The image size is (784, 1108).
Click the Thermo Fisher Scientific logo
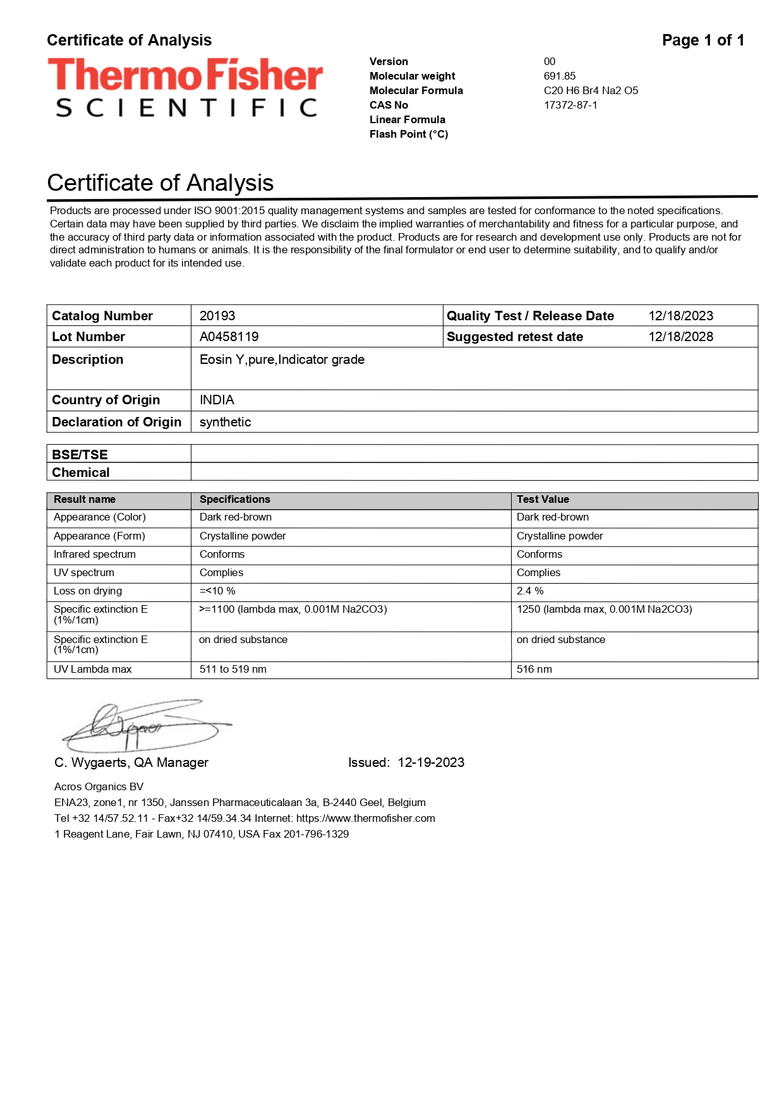point(185,87)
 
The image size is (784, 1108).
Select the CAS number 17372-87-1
point(570,105)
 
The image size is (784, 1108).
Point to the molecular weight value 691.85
point(560,76)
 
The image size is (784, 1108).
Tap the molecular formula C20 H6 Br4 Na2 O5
point(591,90)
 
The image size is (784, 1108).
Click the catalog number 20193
point(217,316)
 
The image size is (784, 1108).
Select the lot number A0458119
point(229,337)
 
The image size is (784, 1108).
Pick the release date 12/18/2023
point(680,316)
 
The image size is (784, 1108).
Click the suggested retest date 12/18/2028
point(680,337)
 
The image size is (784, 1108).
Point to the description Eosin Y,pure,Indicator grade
point(282,359)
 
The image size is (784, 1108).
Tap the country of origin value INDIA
point(217,400)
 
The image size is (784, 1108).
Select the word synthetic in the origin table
point(225,422)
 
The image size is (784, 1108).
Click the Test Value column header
point(543,499)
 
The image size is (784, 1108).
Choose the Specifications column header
point(234,499)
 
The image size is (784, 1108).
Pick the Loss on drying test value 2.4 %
point(530,591)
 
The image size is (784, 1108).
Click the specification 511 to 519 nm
point(232,669)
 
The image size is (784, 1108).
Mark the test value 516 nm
point(534,669)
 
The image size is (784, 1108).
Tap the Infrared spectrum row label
point(95,554)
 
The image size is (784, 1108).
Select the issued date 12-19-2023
point(431,762)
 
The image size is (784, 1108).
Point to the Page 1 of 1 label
point(703,40)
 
